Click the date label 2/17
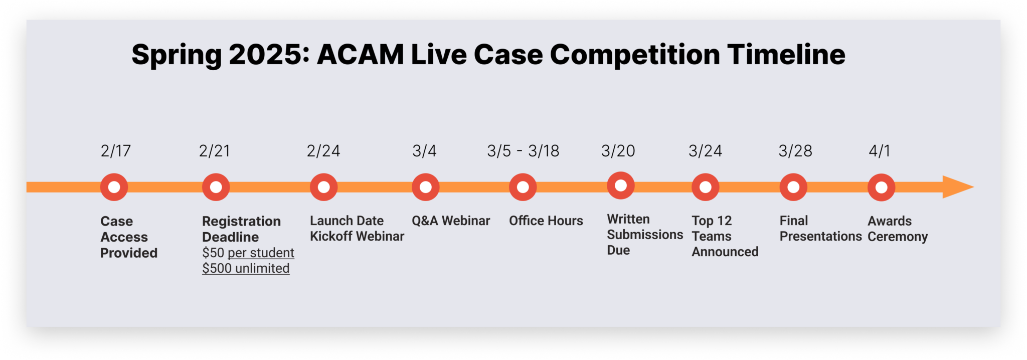point(116,151)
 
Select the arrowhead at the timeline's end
point(958,187)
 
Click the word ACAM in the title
point(360,55)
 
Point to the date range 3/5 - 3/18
point(523,151)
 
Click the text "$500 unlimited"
point(246,268)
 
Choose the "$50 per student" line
point(248,253)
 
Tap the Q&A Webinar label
point(451,221)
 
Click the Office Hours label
point(546,221)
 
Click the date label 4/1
point(880,151)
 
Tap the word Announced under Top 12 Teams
point(725,252)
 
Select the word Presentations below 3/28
point(821,236)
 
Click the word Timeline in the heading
point(786,55)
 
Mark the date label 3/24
point(706,151)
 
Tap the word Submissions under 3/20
point(645,235)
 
